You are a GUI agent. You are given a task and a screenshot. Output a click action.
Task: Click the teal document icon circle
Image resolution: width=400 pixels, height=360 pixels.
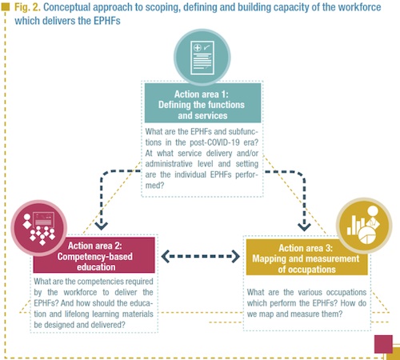202,57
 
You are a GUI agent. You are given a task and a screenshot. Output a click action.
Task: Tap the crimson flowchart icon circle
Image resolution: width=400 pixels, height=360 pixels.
39,228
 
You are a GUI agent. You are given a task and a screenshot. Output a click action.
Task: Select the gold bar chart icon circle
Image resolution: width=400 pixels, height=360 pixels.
364,226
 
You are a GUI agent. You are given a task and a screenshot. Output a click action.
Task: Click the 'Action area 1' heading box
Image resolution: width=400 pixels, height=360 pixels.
202,103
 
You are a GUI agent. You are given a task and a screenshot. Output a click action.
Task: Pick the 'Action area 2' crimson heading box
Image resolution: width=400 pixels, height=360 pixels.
94,255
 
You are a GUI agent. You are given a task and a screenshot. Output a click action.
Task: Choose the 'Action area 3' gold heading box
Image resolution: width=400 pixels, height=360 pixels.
306,257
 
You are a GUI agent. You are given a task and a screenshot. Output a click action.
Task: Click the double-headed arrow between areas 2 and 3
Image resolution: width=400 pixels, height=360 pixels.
201,256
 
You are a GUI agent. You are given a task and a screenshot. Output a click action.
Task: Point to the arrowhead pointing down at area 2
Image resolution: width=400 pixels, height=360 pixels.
102,226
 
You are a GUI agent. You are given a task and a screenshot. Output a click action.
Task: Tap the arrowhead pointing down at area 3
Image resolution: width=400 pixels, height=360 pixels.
304,226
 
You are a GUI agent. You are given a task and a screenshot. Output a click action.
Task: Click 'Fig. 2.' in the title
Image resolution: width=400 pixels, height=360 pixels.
27,7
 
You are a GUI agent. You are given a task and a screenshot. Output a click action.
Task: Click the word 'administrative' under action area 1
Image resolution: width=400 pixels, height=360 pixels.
169,164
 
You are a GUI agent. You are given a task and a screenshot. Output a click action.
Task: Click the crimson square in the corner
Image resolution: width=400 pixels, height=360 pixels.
383,344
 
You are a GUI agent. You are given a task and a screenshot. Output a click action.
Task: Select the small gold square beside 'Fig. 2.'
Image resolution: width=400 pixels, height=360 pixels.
6,7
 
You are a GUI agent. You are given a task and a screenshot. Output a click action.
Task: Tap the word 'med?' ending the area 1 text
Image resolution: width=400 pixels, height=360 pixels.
154,186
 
